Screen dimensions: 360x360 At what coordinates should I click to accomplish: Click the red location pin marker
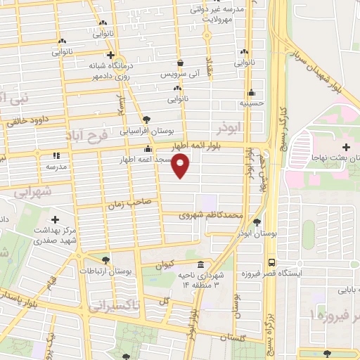click(181, 166)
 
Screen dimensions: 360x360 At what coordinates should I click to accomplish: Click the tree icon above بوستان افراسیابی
click(146, 120)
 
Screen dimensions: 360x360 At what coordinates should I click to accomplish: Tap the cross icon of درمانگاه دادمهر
click(110, 54)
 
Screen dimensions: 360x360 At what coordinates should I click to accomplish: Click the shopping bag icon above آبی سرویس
click(181, 63)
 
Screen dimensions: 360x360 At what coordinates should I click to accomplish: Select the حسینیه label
click(252, 102)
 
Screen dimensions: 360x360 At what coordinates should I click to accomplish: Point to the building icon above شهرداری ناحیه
click(202, 265)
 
